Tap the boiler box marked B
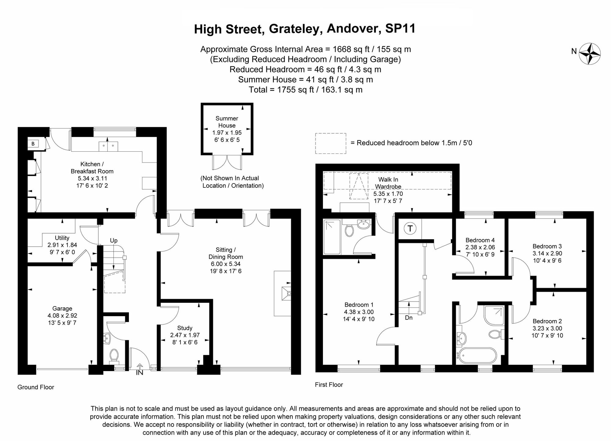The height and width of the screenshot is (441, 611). click(33, 144)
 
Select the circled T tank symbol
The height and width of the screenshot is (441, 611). click(410, 229)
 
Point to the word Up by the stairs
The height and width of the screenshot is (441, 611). click(114, 240)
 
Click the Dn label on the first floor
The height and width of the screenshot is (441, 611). click(409, 318)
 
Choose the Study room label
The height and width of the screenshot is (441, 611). click(185, 328)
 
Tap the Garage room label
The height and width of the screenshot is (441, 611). click(62, 309)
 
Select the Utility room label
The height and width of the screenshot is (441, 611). click(62, 238)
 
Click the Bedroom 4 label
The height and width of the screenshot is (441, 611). click(480, 240)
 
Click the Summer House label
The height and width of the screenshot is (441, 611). click(227, 122)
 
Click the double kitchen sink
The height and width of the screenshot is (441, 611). click(108, 146)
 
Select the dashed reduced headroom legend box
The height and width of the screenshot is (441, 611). click(331, 143)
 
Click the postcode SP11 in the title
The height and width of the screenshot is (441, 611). click(400, 29)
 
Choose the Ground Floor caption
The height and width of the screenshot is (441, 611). click(36, 387)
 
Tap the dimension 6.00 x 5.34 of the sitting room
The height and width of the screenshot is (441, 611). click(226, 264)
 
